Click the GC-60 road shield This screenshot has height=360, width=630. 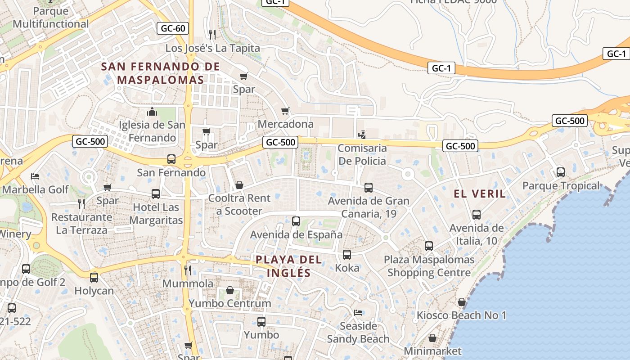(x=173, y=28)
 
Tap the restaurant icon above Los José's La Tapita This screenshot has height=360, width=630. (x=213, y=34)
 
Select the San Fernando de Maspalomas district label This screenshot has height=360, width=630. (x=153, y=73)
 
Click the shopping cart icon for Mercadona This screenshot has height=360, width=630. (x=285, y=111)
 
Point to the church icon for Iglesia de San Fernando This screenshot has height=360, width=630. (x=152, y=112)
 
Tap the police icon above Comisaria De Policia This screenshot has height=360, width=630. (x=362, y=135)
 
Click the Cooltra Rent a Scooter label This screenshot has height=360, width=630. (x=239, y=204)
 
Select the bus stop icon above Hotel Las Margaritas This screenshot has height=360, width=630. (x=156, y=194)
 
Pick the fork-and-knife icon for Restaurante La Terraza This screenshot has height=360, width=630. (x=81, y=204)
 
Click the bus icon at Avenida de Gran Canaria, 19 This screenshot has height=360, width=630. (x=369, y=188)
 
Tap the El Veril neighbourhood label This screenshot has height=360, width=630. (x=480, y=194)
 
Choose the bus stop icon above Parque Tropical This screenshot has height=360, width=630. (x=561, y=172)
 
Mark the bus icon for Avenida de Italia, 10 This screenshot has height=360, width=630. (x=477, y=215)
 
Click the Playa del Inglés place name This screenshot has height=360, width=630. (x=288, y=266)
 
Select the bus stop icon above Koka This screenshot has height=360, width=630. (x=347, y=255)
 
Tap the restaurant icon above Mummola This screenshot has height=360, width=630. (x=188, y=270)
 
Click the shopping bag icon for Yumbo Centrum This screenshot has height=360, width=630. (x=230, y=290)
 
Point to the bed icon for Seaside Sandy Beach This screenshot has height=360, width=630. (x=358, y=312)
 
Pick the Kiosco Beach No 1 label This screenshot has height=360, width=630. (x=461, y=315)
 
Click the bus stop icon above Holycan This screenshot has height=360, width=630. (x=94, y=278)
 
